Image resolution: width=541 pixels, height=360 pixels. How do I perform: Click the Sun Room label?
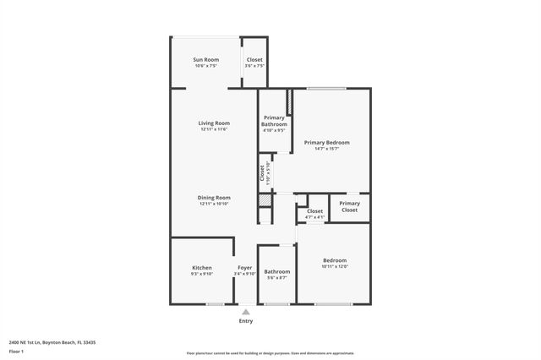point(206,60)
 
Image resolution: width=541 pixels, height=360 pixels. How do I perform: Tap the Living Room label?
point(215,123)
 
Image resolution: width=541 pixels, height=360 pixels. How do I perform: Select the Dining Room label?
point(215,198)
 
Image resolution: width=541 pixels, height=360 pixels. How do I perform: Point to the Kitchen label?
point(202,268)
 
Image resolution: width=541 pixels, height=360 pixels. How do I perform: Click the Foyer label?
point(244,268)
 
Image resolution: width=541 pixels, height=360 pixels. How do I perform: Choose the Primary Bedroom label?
point(326,143)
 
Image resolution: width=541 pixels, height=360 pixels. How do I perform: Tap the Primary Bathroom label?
point(274,121)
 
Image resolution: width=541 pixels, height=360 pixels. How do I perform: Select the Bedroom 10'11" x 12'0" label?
point(334,260)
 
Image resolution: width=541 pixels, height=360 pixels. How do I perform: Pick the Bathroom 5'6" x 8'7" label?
point(276,271)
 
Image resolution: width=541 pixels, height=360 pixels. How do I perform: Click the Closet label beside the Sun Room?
point(254,60)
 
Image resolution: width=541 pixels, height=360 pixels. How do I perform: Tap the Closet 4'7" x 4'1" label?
point(314,211)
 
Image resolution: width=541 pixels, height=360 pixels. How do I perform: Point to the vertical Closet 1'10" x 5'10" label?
point(262,172)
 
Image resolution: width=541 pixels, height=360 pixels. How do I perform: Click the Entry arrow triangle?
point(245,311)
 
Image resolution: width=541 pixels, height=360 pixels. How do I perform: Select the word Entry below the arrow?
point(245,321)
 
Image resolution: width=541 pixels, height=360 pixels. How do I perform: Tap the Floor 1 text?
point(17,351)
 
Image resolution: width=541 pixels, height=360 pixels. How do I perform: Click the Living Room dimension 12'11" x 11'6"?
point(215,129)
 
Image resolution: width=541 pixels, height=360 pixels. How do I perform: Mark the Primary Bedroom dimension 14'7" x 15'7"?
point(326,149)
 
